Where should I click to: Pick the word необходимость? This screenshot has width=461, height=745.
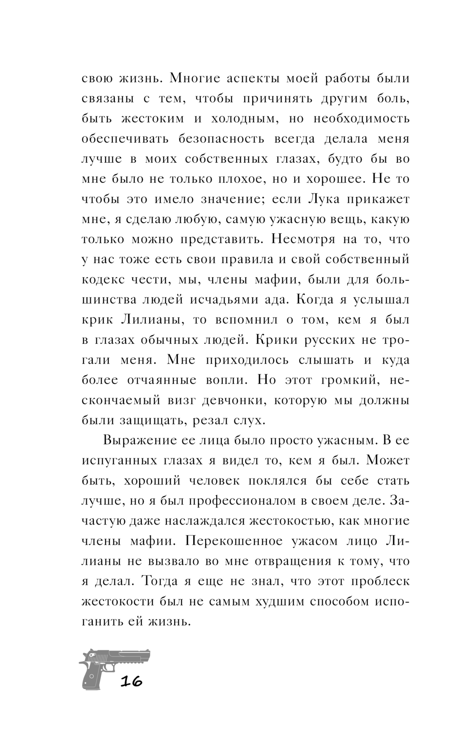coord(361,118)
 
